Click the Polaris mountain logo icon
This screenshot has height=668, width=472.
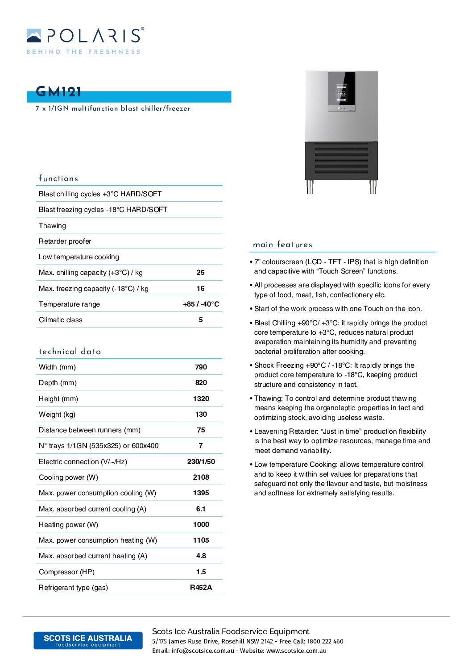tap(34, 36)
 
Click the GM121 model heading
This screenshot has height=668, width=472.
tap(58, 92)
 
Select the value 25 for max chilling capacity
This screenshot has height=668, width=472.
tap(201, 273)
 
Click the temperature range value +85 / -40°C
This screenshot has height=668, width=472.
tap(201, 304)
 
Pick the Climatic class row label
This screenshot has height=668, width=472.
tap(61, 320)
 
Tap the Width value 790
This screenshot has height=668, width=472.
tap(201, 367)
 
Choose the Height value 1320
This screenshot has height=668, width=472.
tap(201, 399)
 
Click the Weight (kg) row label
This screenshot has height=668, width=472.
tap(57, 415)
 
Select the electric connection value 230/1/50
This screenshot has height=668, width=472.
tap(201, 462)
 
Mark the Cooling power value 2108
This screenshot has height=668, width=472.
tap(201, 477)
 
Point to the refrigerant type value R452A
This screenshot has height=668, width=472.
tap(201, 588)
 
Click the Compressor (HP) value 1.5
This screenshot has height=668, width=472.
tap(201, 572)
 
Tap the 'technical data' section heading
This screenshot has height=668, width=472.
tap(70, 352)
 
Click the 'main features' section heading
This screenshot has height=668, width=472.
tap(282, 245)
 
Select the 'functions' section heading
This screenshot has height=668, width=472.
tap(58, 178)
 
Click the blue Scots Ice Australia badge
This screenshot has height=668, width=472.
tap(88, 640)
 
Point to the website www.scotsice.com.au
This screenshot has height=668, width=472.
tap(296, 651)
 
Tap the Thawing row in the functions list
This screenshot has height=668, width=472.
tap(52, 226)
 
